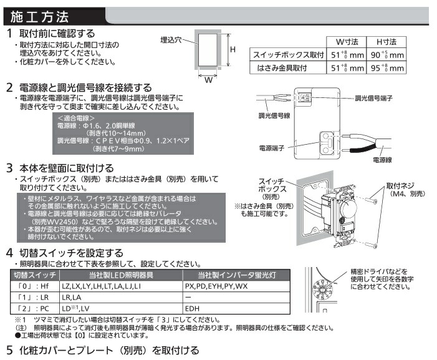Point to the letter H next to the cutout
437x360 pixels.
coord(231,49)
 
